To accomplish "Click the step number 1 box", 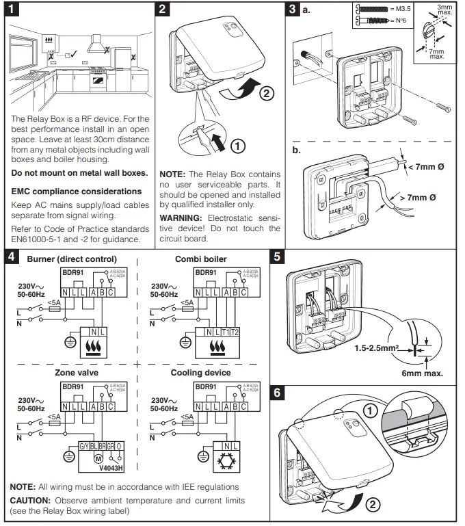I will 12,10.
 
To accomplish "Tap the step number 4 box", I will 12,258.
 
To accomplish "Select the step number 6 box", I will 278,393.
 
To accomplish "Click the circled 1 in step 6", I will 369,411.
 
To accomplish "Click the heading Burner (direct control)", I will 71,259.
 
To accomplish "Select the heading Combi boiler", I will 200,259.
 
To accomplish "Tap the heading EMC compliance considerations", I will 76,192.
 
